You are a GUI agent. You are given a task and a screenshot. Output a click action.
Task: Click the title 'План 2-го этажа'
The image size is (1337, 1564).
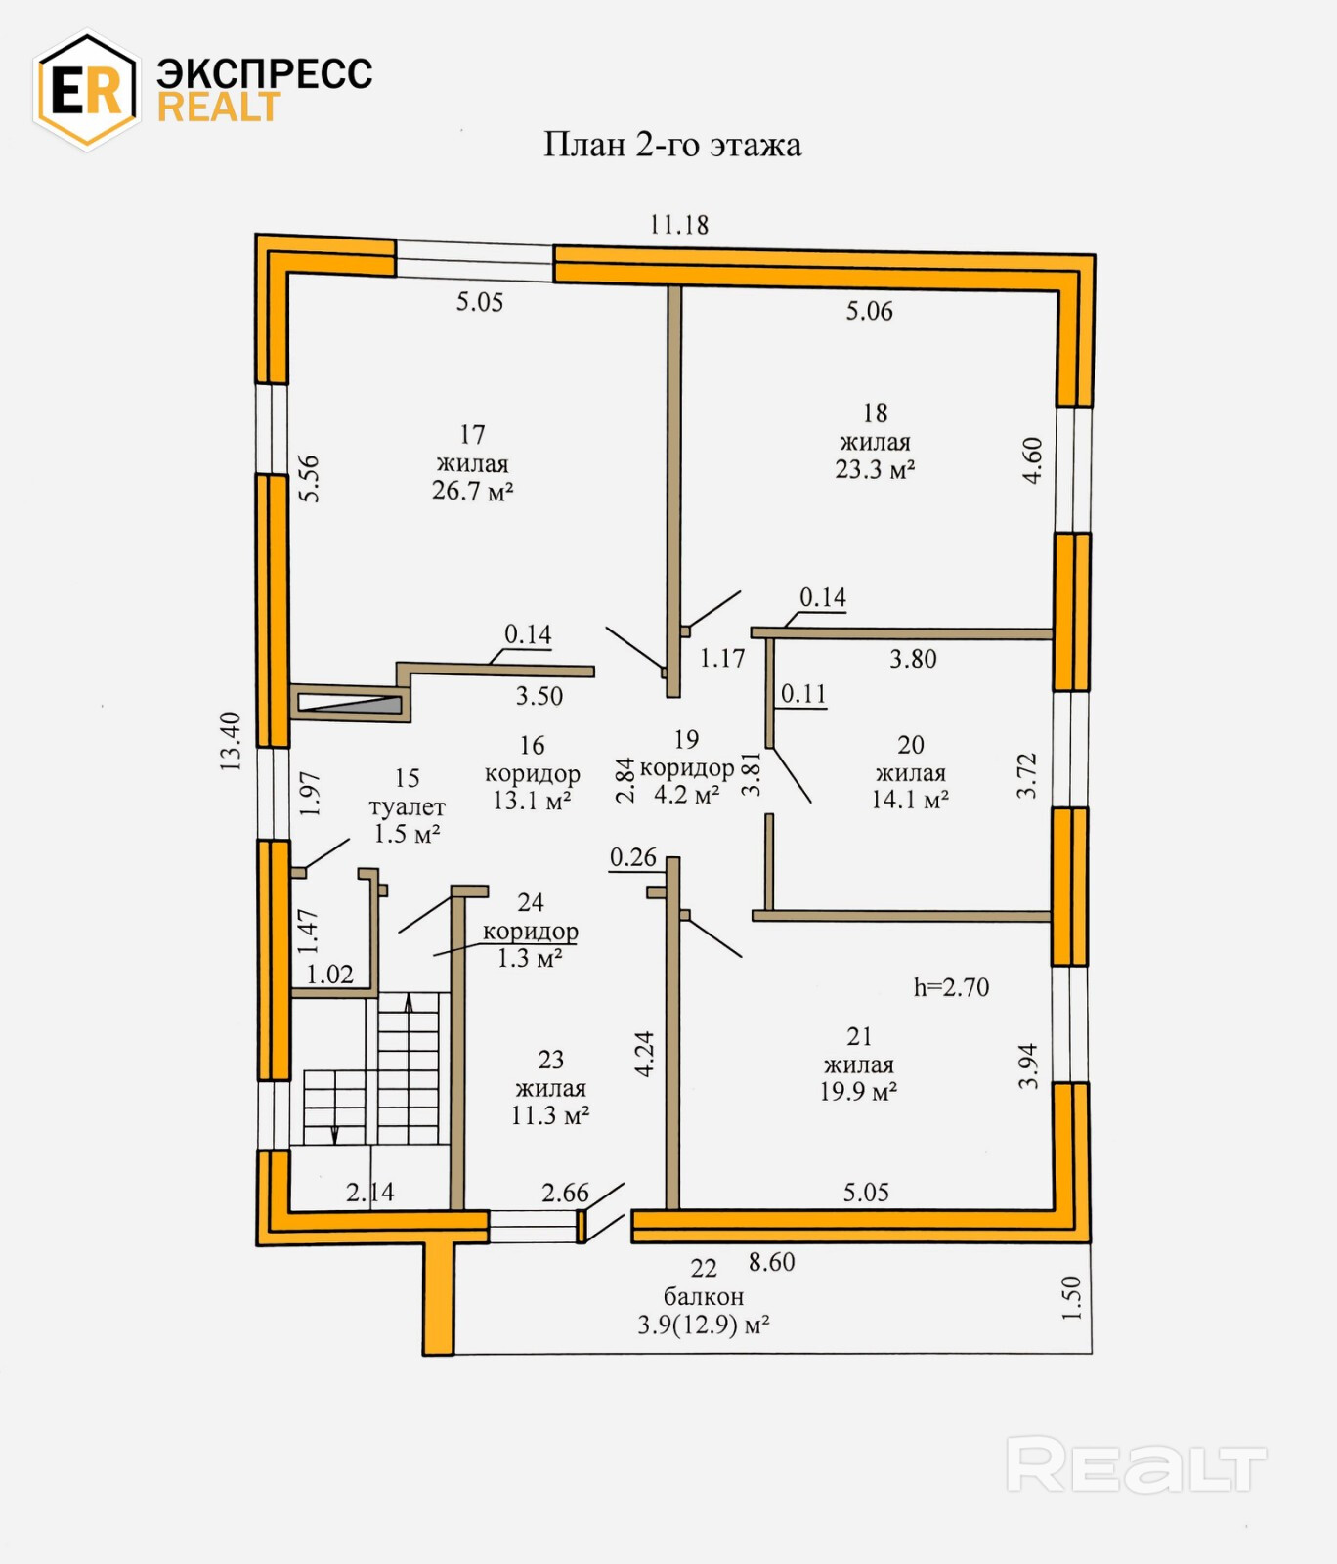click(672, 145)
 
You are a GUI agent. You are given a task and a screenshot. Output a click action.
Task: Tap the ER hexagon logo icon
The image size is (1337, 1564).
click(86, 91)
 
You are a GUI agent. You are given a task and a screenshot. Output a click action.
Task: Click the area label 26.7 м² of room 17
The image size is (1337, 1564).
click(473, 491)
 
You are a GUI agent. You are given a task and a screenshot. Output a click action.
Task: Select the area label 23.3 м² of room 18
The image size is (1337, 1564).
click(875, 469)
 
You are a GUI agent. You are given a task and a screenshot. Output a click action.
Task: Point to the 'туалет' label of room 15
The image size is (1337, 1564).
click(407, 807)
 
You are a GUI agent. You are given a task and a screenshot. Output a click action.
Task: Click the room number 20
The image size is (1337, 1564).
click(911, 745)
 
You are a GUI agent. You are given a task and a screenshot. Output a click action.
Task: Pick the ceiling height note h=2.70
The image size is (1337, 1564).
click(951, 987)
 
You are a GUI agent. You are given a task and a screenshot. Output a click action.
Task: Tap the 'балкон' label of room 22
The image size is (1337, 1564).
click(704, 1297)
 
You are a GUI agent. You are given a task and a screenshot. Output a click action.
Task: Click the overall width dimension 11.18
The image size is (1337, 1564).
click(679, 225)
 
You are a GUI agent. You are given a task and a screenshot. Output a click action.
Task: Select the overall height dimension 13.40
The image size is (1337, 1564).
click(230, 742)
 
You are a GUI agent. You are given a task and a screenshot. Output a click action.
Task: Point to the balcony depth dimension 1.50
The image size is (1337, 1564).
click(1072, 1297)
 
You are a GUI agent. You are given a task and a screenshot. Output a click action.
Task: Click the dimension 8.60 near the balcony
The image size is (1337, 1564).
click(772, 1262)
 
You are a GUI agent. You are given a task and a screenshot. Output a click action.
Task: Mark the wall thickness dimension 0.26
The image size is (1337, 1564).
click(633, 857)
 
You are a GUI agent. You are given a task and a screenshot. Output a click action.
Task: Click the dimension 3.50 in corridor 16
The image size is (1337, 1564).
click(539, 696)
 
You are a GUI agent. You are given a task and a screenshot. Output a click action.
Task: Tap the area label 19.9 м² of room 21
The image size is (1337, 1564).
click(858, 1092)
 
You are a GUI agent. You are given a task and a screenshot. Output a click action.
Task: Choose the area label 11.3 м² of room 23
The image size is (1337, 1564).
click(550, 1115)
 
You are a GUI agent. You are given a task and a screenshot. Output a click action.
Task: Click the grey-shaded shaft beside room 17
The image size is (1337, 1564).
click(349, 703)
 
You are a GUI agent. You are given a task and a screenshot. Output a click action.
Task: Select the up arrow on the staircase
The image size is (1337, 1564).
click(409, 1001)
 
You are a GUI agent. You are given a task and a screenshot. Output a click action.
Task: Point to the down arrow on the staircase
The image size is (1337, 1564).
click(334, 1133)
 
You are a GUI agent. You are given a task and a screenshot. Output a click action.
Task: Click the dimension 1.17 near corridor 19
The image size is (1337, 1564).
click(722, 659)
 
